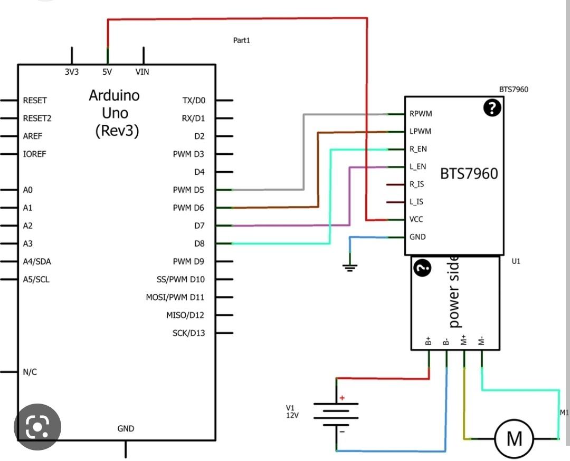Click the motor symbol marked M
[514, 438]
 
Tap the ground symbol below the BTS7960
[349, 267]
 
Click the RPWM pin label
[421, 113]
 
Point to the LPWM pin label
[420, 131]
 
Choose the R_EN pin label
[418, 149]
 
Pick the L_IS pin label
[416, 202]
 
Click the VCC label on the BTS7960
[416, 219]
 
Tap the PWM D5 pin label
[188, 190]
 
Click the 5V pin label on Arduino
[107, 72]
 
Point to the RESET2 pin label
[37, 118]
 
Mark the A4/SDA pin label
[37, 261]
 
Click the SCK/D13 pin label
[188, 333]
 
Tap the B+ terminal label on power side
[429, 341]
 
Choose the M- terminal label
[481, 341]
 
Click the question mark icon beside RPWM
[492, 109]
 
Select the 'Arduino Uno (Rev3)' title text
[115, 113]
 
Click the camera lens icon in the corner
[37, 427]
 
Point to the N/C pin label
[30, 372]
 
